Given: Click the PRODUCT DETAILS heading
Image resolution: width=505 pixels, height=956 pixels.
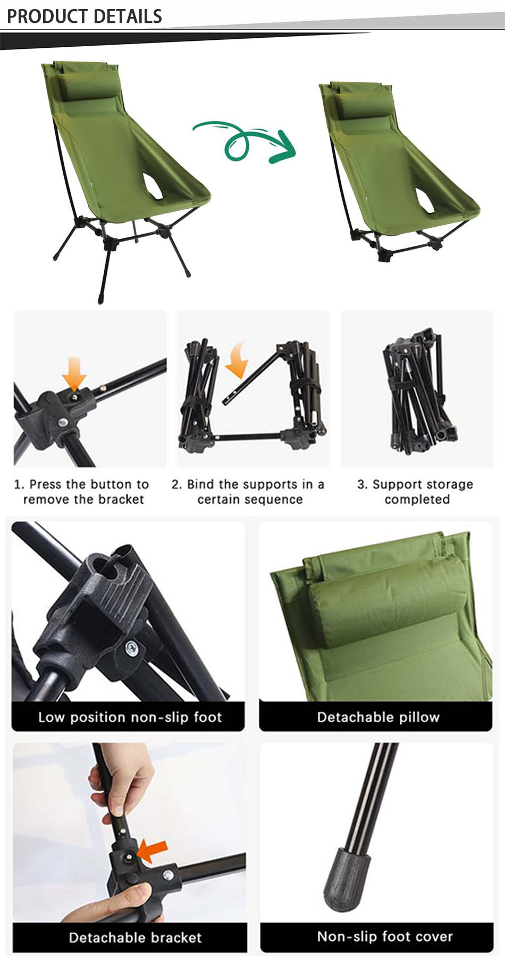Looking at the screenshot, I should (84, 16).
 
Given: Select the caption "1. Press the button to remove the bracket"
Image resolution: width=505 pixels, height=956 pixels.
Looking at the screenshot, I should (82, 492).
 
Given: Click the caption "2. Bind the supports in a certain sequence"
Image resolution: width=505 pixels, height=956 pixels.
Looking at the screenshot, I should (248, 492).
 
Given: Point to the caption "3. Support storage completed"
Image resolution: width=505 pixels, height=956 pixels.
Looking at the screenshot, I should (416, 492).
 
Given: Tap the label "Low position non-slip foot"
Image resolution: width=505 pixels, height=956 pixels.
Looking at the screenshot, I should (129, 717).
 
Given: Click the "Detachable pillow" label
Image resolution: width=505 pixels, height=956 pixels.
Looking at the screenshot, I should (378, 717).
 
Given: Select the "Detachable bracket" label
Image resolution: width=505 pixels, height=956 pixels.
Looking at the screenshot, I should (135, 937).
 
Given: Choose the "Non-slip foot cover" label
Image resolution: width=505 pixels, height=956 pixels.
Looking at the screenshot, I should (385, 936).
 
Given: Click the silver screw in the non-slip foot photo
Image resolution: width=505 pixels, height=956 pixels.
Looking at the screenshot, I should (131, 647).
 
